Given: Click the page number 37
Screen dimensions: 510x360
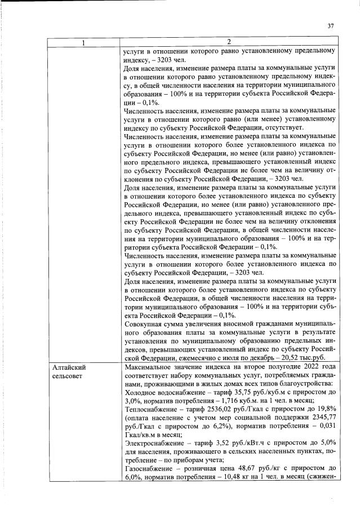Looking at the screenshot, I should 331,25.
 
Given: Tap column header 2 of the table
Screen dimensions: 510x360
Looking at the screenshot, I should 229,43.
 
